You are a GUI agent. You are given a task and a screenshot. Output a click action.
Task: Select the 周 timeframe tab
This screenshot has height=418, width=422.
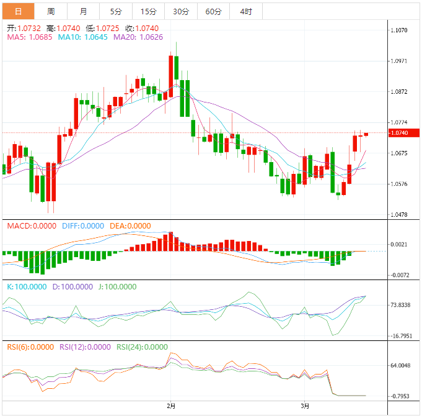point(51,12)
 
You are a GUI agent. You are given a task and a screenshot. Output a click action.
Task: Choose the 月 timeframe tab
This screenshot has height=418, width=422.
point(84,12)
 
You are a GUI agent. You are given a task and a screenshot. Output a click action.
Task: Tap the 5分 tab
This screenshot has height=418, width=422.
point(116,12)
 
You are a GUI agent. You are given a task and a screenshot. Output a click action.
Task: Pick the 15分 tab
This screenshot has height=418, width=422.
point(148,12)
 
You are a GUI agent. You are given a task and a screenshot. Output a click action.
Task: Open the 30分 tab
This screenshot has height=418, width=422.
point(181,12)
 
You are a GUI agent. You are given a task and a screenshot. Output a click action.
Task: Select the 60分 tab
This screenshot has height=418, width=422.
point(213,12)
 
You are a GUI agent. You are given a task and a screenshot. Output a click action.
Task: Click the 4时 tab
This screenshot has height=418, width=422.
point(245,12)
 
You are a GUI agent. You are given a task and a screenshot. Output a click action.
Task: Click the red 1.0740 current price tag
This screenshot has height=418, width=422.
point(403,133)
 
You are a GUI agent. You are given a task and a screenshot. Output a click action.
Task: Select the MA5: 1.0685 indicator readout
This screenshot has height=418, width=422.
point(30,37)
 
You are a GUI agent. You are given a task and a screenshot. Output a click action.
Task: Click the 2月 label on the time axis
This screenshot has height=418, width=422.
point(171,406)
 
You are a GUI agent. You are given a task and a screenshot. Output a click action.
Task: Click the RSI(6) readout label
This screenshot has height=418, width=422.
point(30,347)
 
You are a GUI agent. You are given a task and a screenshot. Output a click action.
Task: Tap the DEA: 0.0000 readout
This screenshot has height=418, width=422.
point(130,226)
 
